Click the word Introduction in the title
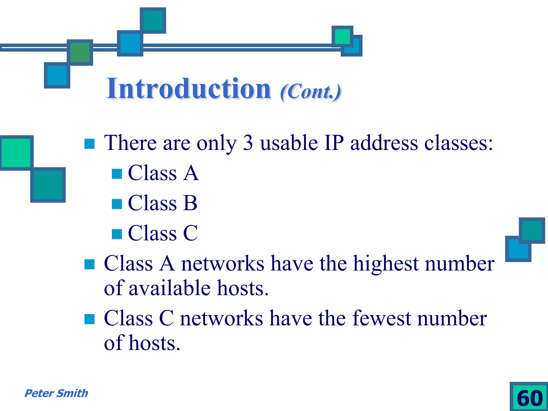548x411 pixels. [189, 89]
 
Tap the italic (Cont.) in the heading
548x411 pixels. [310, 92]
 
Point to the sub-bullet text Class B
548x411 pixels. [163, 203]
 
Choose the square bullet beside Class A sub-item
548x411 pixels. [117, 174]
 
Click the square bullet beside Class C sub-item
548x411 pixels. [117, 234]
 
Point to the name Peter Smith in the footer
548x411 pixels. [56, 393]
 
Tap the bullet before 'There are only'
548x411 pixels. [89, 144]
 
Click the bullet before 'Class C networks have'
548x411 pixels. [89, 319]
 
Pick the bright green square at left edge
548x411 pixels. [16, 153]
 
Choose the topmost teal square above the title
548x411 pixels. [153, 20]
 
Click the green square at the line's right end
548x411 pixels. [342, 36]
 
